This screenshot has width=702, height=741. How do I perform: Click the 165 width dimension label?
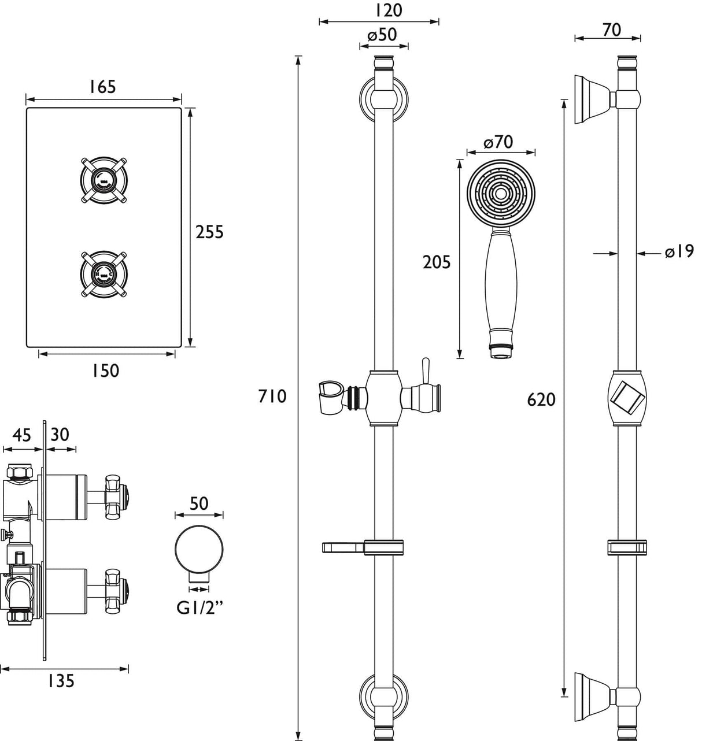coord(102,87)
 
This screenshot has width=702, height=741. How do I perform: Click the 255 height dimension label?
coord(209,232)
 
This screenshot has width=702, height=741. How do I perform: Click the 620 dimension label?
coord(541,399)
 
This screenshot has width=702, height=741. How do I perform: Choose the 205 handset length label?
coord(437,262)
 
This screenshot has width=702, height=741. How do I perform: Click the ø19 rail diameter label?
coord(679,252)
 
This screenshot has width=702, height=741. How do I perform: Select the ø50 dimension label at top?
coord(382,35)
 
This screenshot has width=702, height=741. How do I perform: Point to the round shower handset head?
coord(501,193)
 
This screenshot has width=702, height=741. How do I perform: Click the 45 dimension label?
coord(21,435)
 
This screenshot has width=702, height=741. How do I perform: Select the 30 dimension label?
coord(60,435)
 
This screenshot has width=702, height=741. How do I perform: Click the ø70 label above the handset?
coord(498,142)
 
